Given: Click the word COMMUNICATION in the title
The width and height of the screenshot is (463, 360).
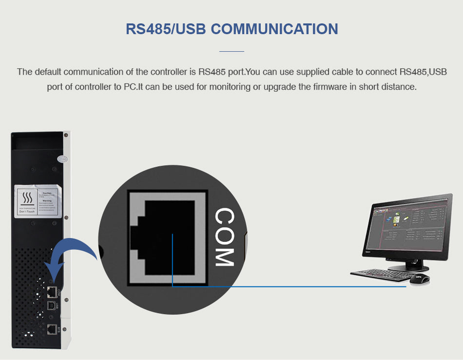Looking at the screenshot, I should coord(274,28).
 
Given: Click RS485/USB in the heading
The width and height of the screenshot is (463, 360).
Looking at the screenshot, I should coord(166,28).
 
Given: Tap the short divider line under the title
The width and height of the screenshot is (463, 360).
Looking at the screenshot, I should coord(231,51).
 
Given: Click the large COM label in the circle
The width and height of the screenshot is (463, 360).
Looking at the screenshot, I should coord(225,238).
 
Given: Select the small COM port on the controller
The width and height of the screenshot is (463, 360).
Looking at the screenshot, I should coord(51,292).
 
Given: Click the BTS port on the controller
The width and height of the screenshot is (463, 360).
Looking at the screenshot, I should coord(51,328).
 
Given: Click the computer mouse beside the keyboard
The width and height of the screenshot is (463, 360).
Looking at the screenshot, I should coord(418,278).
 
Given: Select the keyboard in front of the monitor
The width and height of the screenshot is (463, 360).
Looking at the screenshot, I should coord(380,275).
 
